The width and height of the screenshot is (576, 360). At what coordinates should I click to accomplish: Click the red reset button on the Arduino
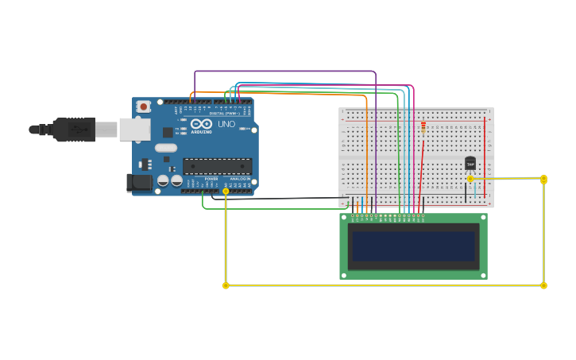143,106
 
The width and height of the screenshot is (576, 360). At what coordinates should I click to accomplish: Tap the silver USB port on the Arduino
134,130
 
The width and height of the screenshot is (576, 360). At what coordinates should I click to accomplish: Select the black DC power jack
139,183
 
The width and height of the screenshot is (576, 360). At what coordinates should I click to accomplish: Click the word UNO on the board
226,124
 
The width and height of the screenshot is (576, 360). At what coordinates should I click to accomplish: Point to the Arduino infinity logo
200,124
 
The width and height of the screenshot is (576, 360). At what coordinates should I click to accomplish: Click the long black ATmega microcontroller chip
217,166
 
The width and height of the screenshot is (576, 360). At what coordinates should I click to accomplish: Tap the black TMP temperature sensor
470,163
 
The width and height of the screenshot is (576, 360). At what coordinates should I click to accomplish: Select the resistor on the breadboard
423,126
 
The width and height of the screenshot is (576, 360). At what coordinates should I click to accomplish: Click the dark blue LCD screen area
413,246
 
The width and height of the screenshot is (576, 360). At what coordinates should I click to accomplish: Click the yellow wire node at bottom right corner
543,285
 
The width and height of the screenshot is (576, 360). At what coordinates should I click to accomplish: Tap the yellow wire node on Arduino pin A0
226,192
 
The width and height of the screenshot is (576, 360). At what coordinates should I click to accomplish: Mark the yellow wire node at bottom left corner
226,285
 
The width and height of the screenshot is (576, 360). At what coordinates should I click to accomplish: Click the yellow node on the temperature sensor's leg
470,179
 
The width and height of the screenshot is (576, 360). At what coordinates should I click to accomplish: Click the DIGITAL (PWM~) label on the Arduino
223,114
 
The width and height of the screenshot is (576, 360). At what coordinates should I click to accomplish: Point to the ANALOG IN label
238,179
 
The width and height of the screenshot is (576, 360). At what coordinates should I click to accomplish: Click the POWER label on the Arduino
211,179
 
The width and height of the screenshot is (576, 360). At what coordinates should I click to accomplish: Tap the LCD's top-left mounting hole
344,217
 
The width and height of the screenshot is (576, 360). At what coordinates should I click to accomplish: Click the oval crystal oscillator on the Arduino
166,148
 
